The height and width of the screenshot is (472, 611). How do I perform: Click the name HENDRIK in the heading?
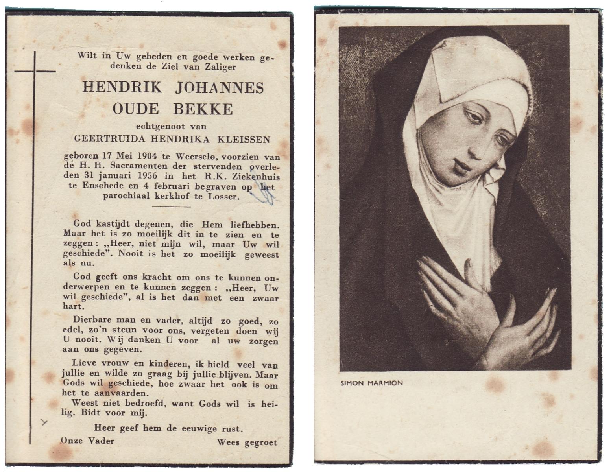coord(122,87)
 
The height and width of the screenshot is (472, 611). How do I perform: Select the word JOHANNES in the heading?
coord(219,87)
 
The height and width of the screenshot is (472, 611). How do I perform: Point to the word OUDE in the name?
coord(136,109)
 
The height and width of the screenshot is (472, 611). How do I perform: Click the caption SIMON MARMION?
coord(371,383)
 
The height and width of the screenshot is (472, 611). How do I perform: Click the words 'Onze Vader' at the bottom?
coord(87,441)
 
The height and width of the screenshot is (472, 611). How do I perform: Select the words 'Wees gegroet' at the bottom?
coord(247,442)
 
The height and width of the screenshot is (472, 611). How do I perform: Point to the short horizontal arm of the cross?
coord(35,72)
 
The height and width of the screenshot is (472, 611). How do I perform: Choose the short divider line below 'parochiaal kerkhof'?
coord(171,206)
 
